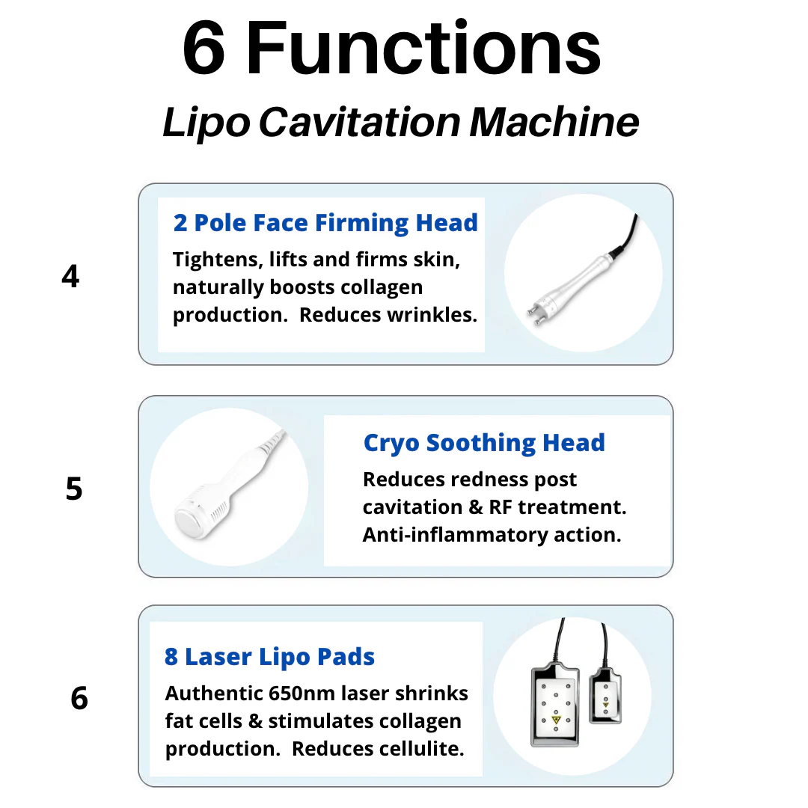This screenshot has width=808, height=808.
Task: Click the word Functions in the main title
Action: coord(424,49)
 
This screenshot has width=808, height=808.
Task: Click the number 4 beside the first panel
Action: coord(70,277)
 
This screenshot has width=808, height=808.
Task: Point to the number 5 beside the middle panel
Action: coord(74,489)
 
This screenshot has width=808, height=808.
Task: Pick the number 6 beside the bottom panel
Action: coord(79,699)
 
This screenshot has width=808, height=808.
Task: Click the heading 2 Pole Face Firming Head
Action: coord(325,223)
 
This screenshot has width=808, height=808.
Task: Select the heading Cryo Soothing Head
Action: coord(484,443)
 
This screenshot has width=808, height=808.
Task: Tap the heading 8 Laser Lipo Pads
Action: coord(269,657)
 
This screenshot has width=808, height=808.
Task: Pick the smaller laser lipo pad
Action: coord(605,694)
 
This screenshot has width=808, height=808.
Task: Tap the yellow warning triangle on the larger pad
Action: coord(555,720)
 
